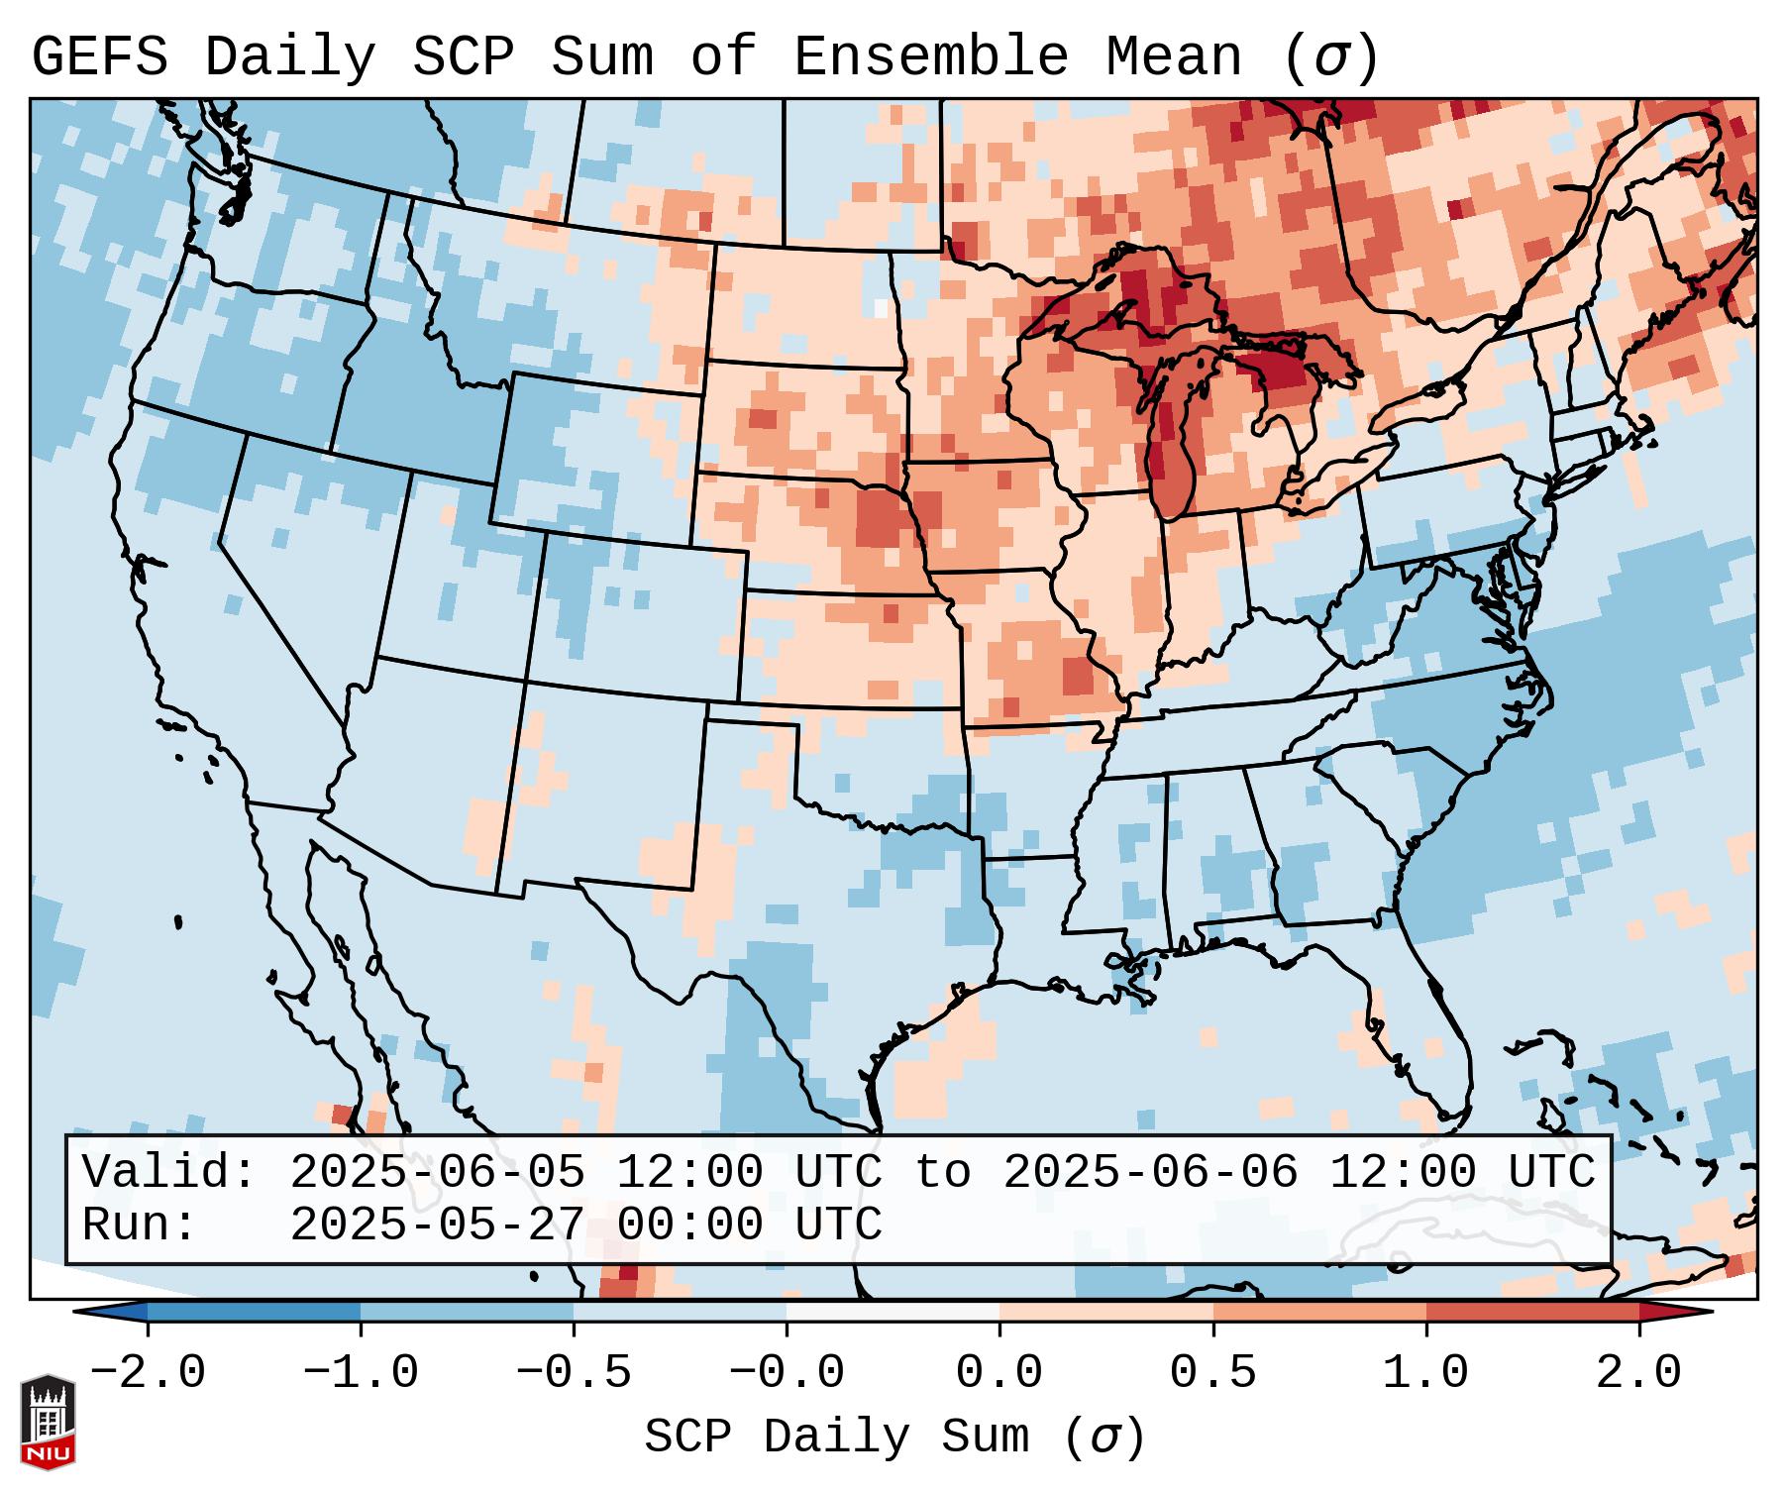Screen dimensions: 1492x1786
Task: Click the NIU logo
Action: (x=48, y=1422)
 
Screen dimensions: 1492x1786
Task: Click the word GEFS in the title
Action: (x=100, y=57)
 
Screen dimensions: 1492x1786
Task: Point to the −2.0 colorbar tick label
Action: (x=147, y=1373)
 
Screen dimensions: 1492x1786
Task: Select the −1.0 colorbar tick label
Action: (x=360, y=1373)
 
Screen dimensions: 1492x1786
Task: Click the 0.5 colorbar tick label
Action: (x=1212, y=1373)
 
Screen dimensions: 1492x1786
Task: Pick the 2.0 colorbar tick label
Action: (x=1638, y=1373)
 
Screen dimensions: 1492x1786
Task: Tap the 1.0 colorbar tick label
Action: (x=1425, y=1373)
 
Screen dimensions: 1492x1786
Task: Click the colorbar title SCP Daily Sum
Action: (x=837, y=1437)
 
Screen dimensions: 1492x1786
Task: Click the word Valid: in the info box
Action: (x=169, y=1173)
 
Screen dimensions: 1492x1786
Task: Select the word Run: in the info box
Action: (x=140, y=1226)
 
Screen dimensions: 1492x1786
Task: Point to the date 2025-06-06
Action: (x=1150, y=1173)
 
